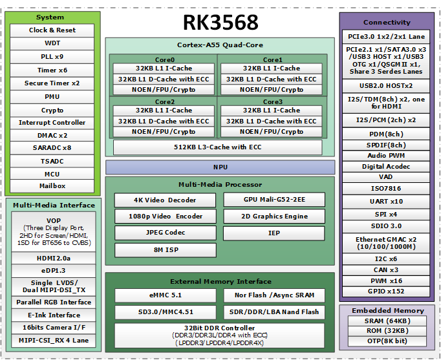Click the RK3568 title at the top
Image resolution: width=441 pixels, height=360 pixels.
pyautogui.click(x=220, y=22)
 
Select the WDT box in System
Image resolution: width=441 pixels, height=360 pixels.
pyautogui.click(x=52, y=43)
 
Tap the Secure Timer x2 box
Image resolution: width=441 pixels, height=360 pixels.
pyautogui.click(x=52, y=83)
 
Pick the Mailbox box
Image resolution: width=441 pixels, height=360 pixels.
pyautogui.click(x=52, y=186)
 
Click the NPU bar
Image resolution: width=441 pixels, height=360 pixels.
pyautogui.click(x=220, y=167)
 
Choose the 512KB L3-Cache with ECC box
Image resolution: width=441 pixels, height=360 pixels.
pyautogui.click(x=217, y=147)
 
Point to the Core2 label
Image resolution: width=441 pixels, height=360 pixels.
pyautogui.click(x=164, y=102)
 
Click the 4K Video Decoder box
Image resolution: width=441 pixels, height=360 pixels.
pyautogui.click(x=164, y=200)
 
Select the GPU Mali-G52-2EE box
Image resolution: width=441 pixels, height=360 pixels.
pyautogui.click(x=274, y=200)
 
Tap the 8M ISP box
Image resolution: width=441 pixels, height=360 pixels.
pyautogui.click(x=164, y=250)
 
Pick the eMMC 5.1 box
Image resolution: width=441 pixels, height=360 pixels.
pyautogui.click(x=164, y=295)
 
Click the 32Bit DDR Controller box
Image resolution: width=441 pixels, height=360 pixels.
pyautogui.click(x=219, y=335)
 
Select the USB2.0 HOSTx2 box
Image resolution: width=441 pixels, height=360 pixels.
pyautogui.click(x=387, y=86)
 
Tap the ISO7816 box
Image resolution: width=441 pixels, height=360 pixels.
pyautogui.click(x=387, y=189)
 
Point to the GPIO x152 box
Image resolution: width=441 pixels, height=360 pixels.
pyautogui.click(x=387, y=291)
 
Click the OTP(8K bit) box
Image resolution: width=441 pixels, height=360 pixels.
pyautogui.click(x=387, y=341)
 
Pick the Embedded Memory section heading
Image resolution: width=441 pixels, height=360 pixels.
pyautogui.click(x=387, y=311)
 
